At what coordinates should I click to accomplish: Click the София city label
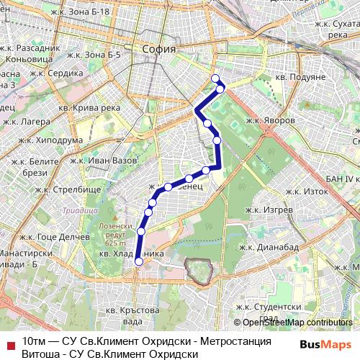pyautogui.click(x=159, y=50)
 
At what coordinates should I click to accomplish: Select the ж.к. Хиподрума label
pyautogui.click(x=45, y=140)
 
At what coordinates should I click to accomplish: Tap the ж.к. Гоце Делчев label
pyautogui.click(x=50, y=235)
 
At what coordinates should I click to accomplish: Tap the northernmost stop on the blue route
pyautogui.click(x=215, y=78)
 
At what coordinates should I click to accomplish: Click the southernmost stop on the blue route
pyautogui.click(x=138, y=262)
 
